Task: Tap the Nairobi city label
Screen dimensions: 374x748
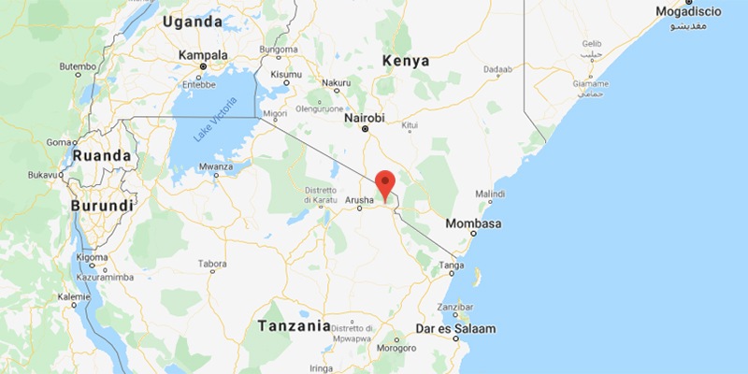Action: click(x=364, y=118)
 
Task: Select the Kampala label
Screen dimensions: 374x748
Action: click(x=203, y=55)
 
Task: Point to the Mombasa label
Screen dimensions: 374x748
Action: click(x=474, y=224)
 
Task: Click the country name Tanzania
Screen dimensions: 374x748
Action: click(x=294, y=326)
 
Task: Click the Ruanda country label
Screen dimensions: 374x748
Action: click(x=103, y=155)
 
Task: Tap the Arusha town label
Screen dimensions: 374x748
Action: click(x=360, y=199)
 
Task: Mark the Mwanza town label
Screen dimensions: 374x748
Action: click(x=215, y=167)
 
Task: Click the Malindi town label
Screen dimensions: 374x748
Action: click(x=491, y=194)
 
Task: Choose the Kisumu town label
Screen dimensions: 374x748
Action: click(x=285, y=74)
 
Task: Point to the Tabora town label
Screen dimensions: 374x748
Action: click(x=212, y=264)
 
